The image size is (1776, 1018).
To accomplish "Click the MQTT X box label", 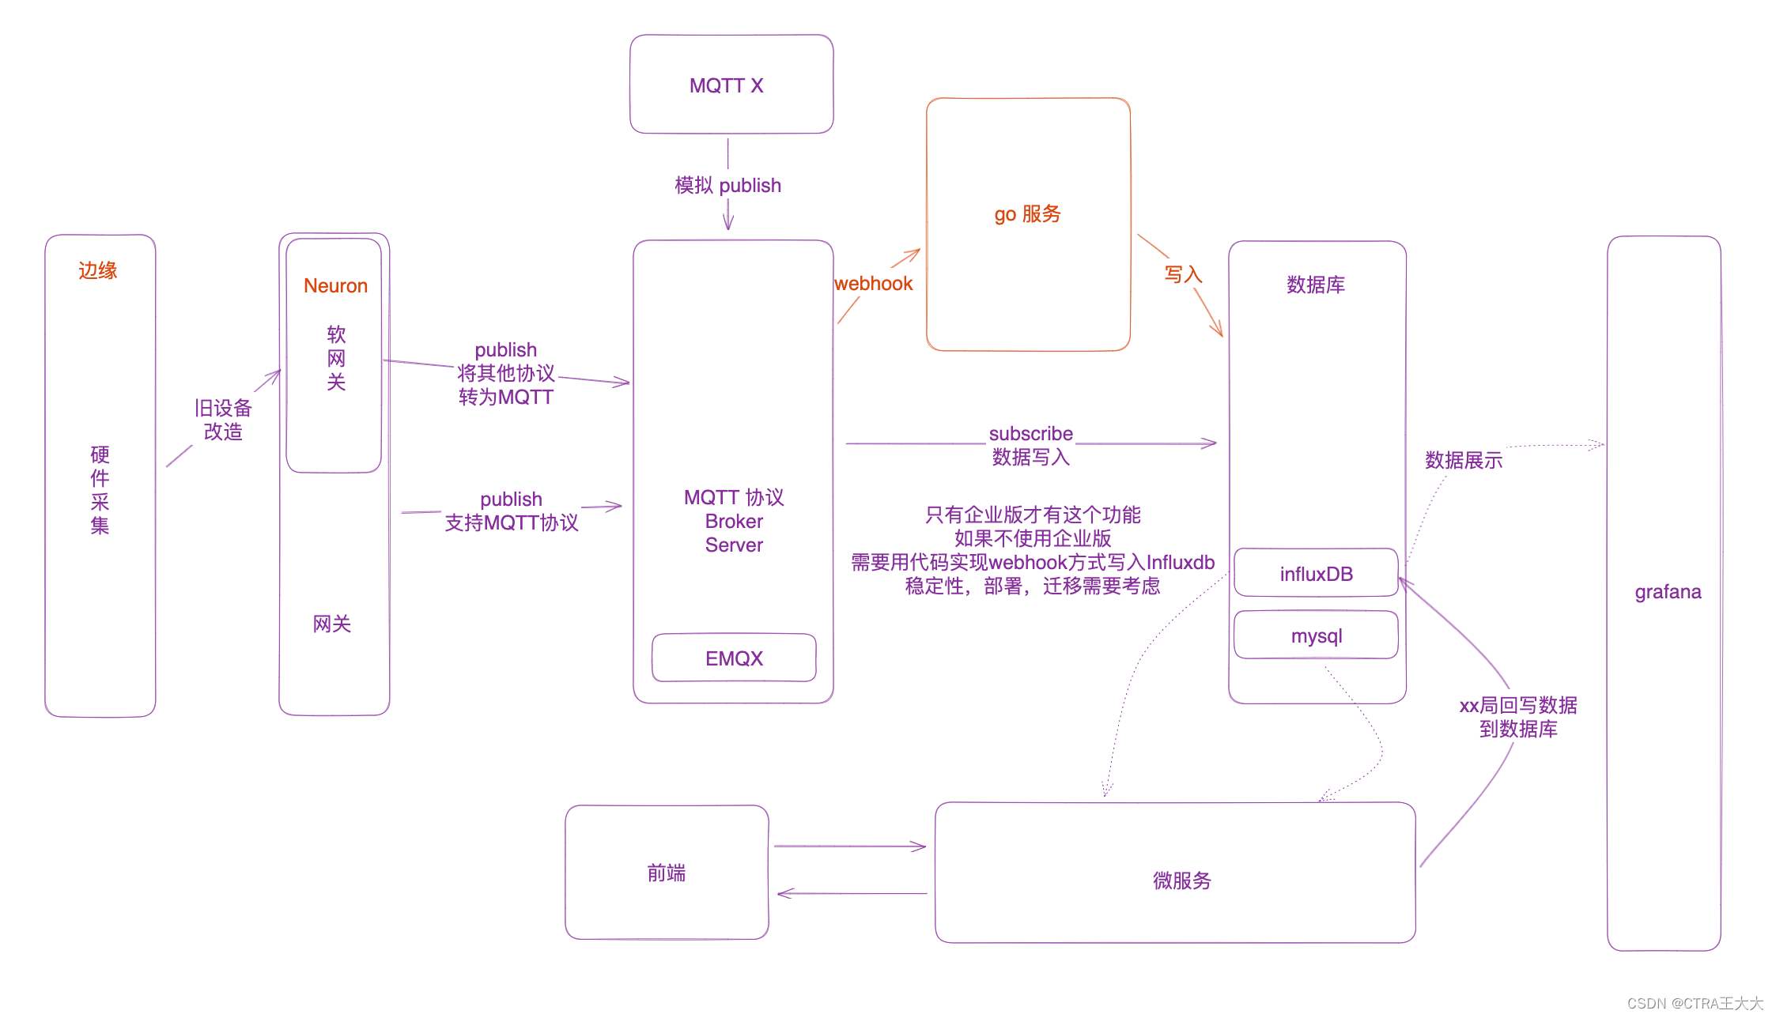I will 726,85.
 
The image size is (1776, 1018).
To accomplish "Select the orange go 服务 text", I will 1027,214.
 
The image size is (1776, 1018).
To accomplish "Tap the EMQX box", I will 734,658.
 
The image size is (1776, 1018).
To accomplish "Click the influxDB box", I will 1316,573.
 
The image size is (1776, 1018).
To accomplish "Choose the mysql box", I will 1316,635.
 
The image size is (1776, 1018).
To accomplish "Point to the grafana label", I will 1668,591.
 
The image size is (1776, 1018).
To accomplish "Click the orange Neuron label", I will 335,285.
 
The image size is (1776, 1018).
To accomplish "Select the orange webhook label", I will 873,284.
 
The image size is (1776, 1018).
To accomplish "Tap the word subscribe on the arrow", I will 1030,433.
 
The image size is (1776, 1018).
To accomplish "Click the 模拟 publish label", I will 727,185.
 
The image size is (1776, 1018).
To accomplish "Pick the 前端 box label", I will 666,873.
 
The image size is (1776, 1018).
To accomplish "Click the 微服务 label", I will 1181,880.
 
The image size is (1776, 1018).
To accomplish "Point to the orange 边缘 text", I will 97,270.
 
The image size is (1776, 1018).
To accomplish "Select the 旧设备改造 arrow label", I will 223,420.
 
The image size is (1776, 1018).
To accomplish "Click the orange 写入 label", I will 1183,274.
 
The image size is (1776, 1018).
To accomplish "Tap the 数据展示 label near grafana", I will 1463,460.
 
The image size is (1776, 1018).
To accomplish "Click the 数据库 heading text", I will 1315,285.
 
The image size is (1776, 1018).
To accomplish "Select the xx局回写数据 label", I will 1517,705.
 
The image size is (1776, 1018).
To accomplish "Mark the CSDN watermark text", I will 1695,1003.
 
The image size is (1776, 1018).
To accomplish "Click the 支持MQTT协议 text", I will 511,522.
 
